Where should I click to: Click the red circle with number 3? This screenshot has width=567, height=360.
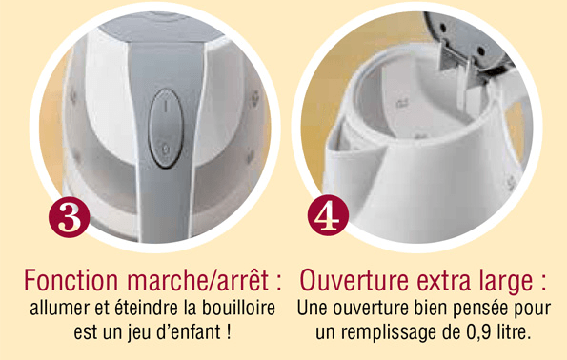pyautogui.click(x=69, y=217)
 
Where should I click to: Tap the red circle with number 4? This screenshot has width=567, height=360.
pyautogui.click(x=329, y=215)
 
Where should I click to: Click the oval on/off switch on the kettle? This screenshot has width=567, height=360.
pyautogui.click(x=166, y=129)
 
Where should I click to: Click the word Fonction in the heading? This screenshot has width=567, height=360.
pyautogui.click(x=71, y=280)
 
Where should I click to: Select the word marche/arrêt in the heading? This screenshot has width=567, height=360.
pyautogui.click(x=197, y=280)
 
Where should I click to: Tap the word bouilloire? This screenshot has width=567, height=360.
pyautogui.click(x=238, y=309)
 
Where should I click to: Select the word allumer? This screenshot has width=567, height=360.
pyautogui.click(x=60, y=309)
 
